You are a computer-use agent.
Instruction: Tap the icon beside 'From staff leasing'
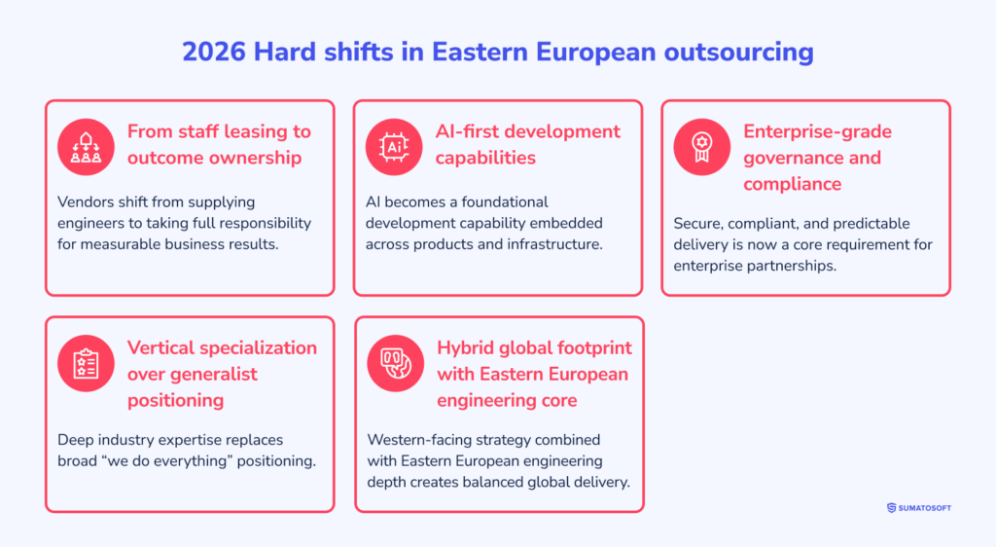pos(86,146)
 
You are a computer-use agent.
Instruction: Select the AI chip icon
pos(394,146)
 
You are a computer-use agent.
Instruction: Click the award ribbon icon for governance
pos(701,146)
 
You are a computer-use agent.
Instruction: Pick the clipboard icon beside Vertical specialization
pos(86,363)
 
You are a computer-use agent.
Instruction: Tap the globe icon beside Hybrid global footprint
pos(395,363)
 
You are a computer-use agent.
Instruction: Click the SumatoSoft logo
pos(918,507)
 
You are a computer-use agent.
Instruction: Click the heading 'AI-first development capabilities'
pos(527,144)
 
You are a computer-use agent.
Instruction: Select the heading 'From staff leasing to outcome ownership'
pos(219,144)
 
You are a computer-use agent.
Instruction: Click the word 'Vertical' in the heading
pos(163,347)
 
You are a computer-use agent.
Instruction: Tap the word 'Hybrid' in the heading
pos(467,347)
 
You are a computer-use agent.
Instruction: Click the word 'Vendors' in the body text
pos(88,201)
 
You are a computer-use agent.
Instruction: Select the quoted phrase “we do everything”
pos(170,460)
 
